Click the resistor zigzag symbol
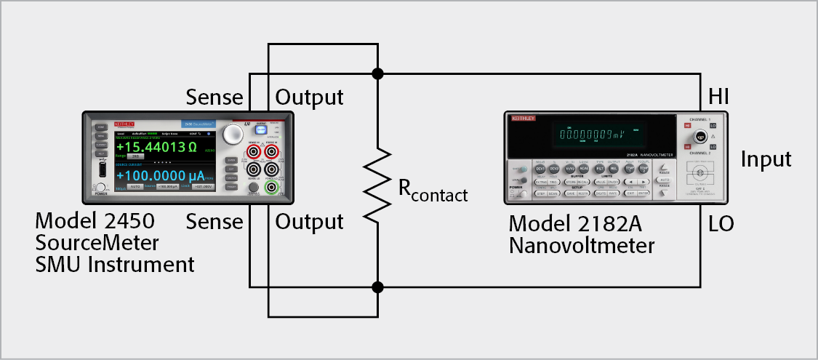point(377,185)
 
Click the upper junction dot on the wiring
point(377,73)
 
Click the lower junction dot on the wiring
point(377,287)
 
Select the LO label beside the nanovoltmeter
point(720,224)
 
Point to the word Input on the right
point(766,159)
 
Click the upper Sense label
point(215,97)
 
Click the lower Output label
point(309,221)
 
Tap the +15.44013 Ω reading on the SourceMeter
point(156,148)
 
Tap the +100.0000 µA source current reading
point(161,177)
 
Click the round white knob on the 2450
point(233,133)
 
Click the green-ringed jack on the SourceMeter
point(272,188)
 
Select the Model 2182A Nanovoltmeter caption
point(581,233)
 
